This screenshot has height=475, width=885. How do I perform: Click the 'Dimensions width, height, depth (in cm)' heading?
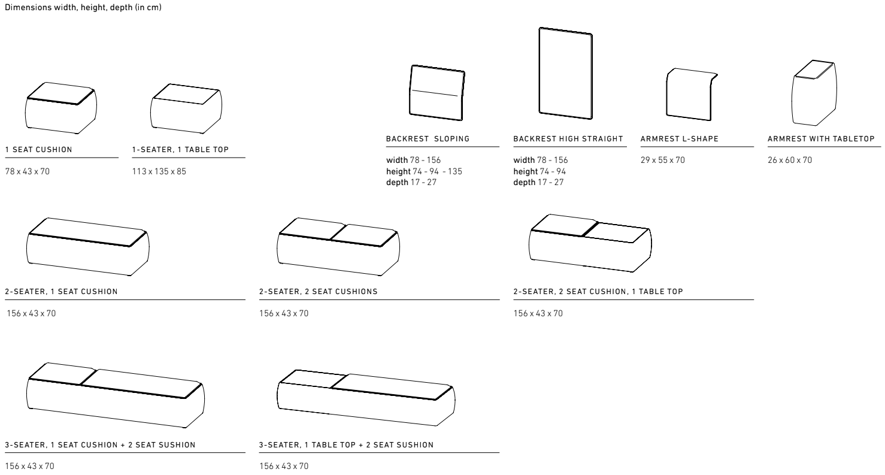click(x=83, y=8)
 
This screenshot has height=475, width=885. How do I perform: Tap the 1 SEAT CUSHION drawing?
click(x=61, y=108)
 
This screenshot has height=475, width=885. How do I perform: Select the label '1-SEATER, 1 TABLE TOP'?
click(x=181, y=150)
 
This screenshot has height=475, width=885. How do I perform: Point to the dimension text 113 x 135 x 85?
click(x=159, y=171)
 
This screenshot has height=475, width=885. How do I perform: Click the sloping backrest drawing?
click(x=437, y=93)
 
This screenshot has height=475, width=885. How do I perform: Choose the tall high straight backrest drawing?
click(x=565, y=73)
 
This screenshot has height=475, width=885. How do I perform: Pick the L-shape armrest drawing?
click(x=692, y=94)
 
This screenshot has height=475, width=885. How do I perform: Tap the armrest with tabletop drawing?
click(x=814, y=93)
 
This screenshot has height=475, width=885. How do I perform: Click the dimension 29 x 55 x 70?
click(x=663, y=160)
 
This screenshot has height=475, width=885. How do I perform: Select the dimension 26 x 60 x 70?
click(x=790, y=160)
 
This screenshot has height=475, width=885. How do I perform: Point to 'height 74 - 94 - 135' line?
click(x=424, y=171)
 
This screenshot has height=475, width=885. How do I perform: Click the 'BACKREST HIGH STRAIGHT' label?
click(x=568, y=139)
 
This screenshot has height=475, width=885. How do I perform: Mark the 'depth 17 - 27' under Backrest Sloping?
click(x=411, y=182)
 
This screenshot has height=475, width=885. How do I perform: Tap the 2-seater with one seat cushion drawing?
click(x=87, y=247)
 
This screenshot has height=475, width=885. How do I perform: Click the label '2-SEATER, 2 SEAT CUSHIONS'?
click(x=319, y=292)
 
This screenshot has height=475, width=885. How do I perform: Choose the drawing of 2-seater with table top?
click(x=590, y=243)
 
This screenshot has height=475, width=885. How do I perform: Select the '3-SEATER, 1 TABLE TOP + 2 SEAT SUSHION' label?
click(x=347, y=445)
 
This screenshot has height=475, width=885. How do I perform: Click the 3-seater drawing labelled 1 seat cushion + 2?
click(x=116, y=395)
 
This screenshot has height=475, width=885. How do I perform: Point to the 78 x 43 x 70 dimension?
click(x=28, y=171)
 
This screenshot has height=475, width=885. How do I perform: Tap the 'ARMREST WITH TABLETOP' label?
click(x=821, y=139)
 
